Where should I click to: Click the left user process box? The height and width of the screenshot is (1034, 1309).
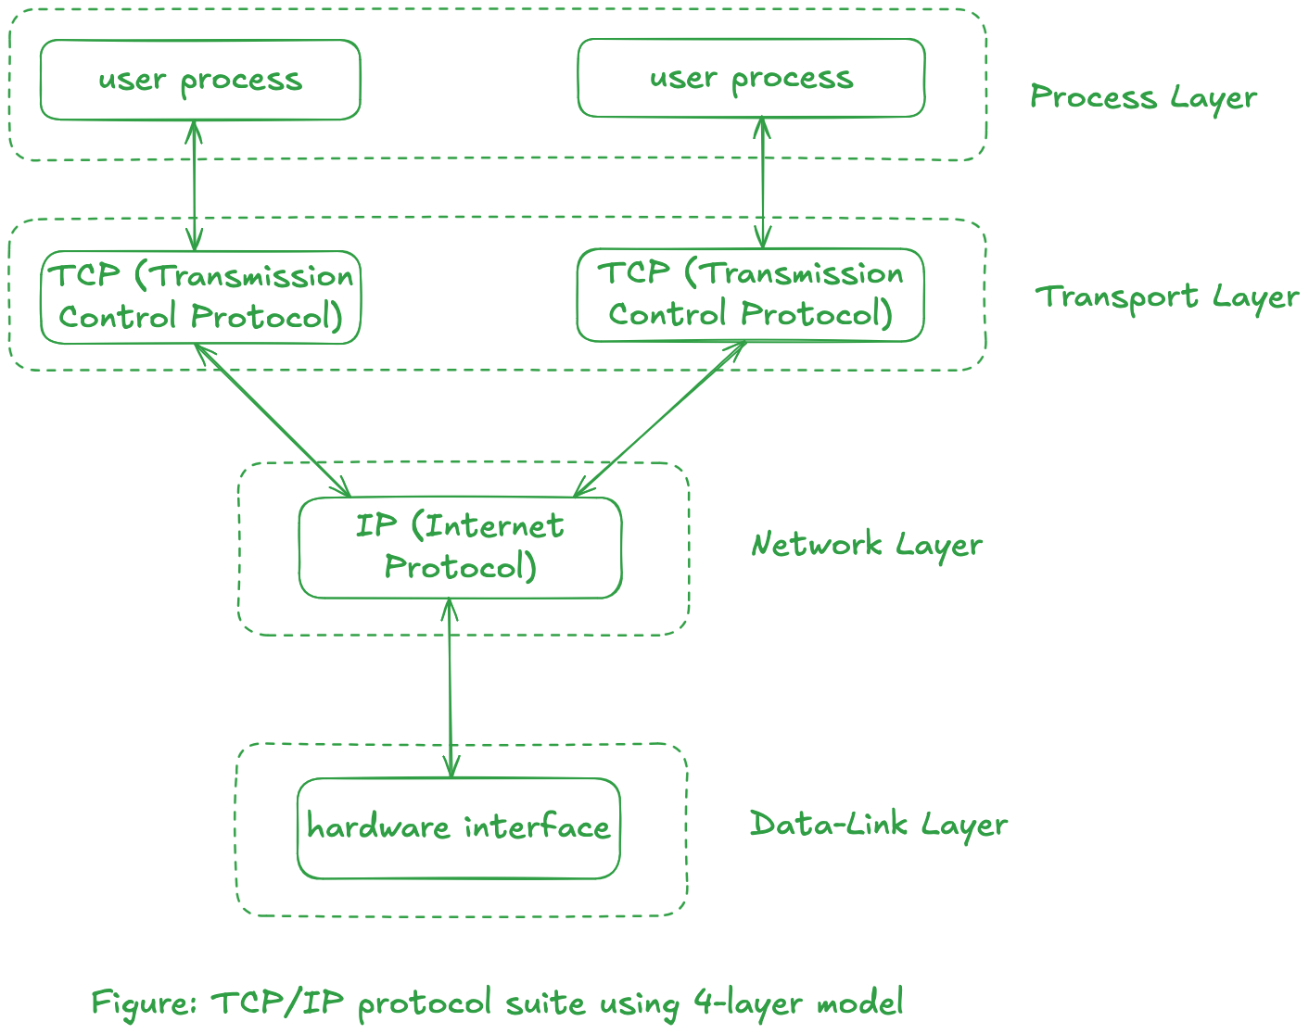tap(200, 80)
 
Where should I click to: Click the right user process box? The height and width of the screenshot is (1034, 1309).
tap(751, 78)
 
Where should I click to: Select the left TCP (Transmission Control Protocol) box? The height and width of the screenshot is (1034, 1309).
tap(200, 297)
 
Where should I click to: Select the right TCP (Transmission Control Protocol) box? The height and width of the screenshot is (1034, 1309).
tap(750, 295)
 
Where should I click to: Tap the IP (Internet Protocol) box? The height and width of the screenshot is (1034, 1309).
tap(460, 548)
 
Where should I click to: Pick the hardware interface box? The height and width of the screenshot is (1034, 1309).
tap(458, 827)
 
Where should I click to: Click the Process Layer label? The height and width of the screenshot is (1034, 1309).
tap(1143, 97)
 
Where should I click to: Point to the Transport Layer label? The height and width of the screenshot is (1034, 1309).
tap(1166, 296)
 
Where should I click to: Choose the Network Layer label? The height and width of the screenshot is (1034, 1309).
tap(866, 544)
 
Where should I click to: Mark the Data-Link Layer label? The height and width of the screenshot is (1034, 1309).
tap(878, 824)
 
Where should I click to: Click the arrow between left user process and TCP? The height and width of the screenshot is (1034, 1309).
tap(194, 185)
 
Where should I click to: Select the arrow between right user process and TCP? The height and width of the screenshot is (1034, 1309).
tap(762, 183)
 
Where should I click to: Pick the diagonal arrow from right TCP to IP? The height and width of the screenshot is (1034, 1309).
tap(660, 419)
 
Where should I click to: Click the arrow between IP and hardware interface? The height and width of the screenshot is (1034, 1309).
tap(450, 687)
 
